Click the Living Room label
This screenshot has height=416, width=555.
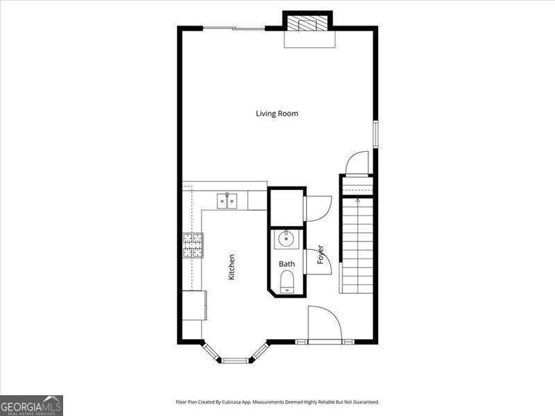click(x=277, y=113)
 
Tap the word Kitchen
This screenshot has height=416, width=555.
click(x=232, y=267)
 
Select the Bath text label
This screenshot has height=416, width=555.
click(x=287, y=264)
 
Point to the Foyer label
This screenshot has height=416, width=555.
click(x=321, y=254)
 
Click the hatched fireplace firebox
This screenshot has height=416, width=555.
click(x=307, y=23)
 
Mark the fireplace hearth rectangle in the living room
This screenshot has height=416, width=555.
click(x=309, y=40)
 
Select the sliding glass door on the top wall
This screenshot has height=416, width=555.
click(x=234, y=28)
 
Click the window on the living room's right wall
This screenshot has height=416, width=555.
click(x=375, y=134)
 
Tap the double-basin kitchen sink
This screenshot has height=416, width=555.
click(x=227, y=200)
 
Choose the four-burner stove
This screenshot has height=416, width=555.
click(x=194, y=245)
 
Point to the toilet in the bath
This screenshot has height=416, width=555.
click(x=287, y=281)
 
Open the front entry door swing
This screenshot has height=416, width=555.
click(x=324, y=324)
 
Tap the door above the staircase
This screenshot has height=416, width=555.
click(x=357, y=163)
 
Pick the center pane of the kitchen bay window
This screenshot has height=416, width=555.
click(x=234, y=360)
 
